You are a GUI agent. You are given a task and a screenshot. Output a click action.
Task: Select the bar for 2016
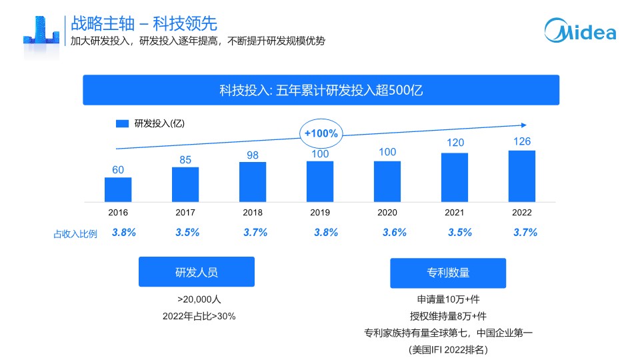118,189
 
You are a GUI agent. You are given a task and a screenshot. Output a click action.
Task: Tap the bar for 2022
521,176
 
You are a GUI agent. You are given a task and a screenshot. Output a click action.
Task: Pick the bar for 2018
253,182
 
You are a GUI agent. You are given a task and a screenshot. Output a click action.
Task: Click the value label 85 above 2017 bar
185,159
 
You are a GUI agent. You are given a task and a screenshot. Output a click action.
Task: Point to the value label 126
521,142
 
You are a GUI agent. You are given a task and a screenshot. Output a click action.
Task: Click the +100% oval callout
321,133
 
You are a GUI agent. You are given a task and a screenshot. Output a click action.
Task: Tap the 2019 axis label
320,213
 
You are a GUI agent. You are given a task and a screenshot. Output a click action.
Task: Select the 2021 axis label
454,213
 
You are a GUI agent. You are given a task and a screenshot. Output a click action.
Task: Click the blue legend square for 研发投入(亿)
122,123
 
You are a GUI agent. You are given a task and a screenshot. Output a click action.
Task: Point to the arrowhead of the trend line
523,125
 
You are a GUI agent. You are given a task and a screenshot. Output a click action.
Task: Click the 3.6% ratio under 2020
394,233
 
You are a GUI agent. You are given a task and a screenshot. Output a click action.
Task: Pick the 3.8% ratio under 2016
124,233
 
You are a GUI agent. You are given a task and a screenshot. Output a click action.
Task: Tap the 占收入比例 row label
75,234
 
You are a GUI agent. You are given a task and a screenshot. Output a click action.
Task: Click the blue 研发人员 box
196,272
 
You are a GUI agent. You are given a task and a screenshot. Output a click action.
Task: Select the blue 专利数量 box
448,273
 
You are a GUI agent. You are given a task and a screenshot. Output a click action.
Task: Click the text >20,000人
199,299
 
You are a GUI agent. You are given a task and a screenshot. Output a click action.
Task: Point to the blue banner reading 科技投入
321,90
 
